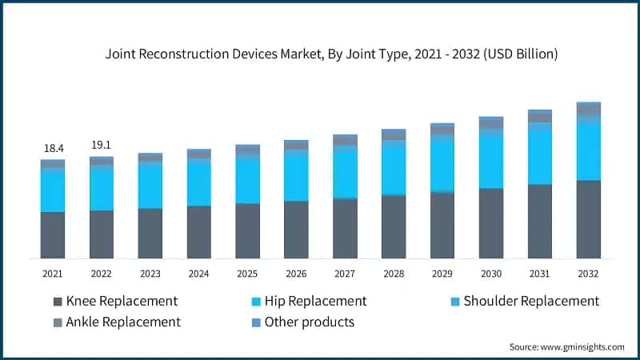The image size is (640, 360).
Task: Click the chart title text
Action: tap(332, 55)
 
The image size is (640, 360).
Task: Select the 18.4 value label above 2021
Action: tap(53, 149)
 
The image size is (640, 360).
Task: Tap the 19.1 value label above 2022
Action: tap(102, 146)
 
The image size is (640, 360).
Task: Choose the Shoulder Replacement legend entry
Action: tap(532, 301)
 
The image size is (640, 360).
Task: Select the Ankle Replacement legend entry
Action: tap(123, 322)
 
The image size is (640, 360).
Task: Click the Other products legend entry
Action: tap(309, 322)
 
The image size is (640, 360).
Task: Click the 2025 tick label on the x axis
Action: tap(247, 274)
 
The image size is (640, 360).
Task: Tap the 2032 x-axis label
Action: tap(589, 274)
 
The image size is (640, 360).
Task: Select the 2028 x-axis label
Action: tap(394, 274)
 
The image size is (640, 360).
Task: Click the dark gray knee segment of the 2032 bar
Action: tap(589, 219)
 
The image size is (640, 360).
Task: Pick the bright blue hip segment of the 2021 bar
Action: tap(53, 192)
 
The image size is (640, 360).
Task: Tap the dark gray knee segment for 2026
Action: tap(296, 229)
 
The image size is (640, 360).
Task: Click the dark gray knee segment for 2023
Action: tap(150, 233)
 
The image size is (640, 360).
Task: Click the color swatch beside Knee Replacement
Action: tap(58, 302)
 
